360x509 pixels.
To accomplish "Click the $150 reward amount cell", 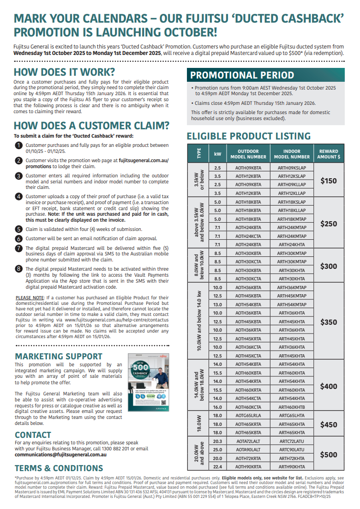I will point(328,181).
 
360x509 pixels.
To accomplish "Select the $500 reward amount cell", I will point(328,454).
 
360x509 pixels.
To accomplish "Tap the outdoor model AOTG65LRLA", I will point(248,416).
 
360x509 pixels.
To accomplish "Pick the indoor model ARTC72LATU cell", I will point(292,441).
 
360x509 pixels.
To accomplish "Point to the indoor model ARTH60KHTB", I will point(292,407).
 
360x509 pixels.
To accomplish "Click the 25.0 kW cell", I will point(217,449).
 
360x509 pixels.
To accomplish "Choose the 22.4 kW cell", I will point(217,467).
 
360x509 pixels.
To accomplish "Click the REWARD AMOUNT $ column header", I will point(328,154).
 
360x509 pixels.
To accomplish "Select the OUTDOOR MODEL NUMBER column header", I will point(248,154).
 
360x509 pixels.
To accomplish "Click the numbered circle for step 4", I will point(18,196).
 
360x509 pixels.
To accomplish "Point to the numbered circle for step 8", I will point(18,268).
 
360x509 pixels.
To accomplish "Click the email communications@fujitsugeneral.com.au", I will point(60,454).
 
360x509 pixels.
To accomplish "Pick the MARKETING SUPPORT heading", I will point(59,356).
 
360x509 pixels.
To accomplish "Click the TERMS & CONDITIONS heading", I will point(59,468).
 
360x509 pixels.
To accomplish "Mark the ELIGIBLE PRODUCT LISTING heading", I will point(248,136).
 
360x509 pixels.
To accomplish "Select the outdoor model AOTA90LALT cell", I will point(248,449).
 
